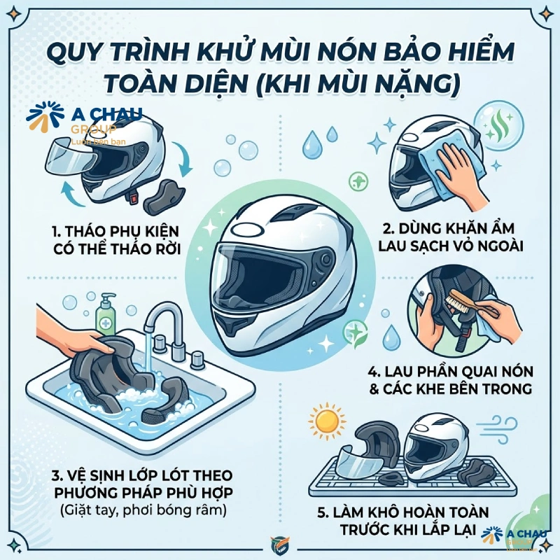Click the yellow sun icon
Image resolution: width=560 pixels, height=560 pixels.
(326, 421)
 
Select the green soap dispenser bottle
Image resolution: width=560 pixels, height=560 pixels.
(106, 314)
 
